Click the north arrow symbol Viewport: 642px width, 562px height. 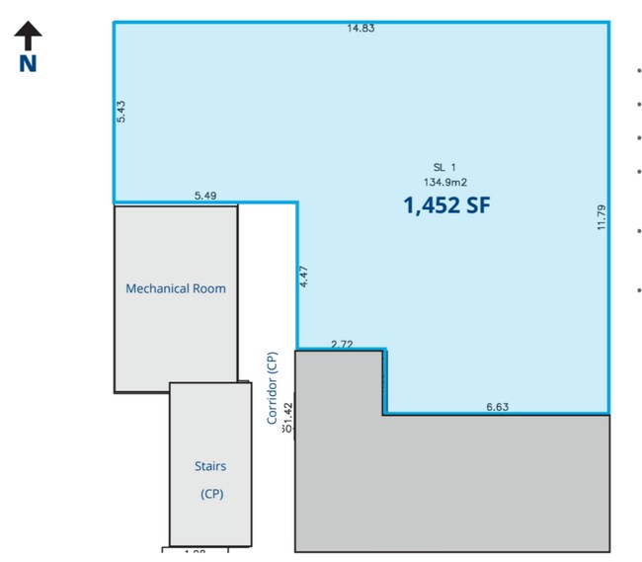click(x=28, y=37)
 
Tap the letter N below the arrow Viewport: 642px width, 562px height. click(x=28, y=63)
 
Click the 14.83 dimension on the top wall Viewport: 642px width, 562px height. click(x=361, y=29)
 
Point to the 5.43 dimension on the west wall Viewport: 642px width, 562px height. click(x=120, y=111)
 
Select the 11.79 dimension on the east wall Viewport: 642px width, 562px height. click(x=601, y=217)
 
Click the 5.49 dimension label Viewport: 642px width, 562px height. click(x=205, y=196)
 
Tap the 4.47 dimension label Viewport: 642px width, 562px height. click(x=305, y=277)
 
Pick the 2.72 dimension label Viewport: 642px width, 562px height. click(x=342, y=344)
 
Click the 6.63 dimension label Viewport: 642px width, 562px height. click(x=497, y=406)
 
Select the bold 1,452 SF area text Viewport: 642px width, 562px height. click(x=446, y=205)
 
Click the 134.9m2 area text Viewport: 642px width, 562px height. click(x=445, y=182)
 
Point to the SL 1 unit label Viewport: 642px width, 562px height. click(x=446, y=167)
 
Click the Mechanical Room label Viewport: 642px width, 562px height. click(x=176, y=288)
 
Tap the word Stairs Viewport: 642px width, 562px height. click(x=210, y=465)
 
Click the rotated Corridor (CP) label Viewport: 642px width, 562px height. click(x=273, y=388)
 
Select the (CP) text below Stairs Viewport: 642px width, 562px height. click(x=210, y=494)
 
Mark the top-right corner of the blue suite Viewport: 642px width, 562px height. click(x=608, y=22)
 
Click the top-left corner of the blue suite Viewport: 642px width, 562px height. click(x=115, y=22)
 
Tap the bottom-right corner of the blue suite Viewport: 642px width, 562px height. click(x=608, y=413)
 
